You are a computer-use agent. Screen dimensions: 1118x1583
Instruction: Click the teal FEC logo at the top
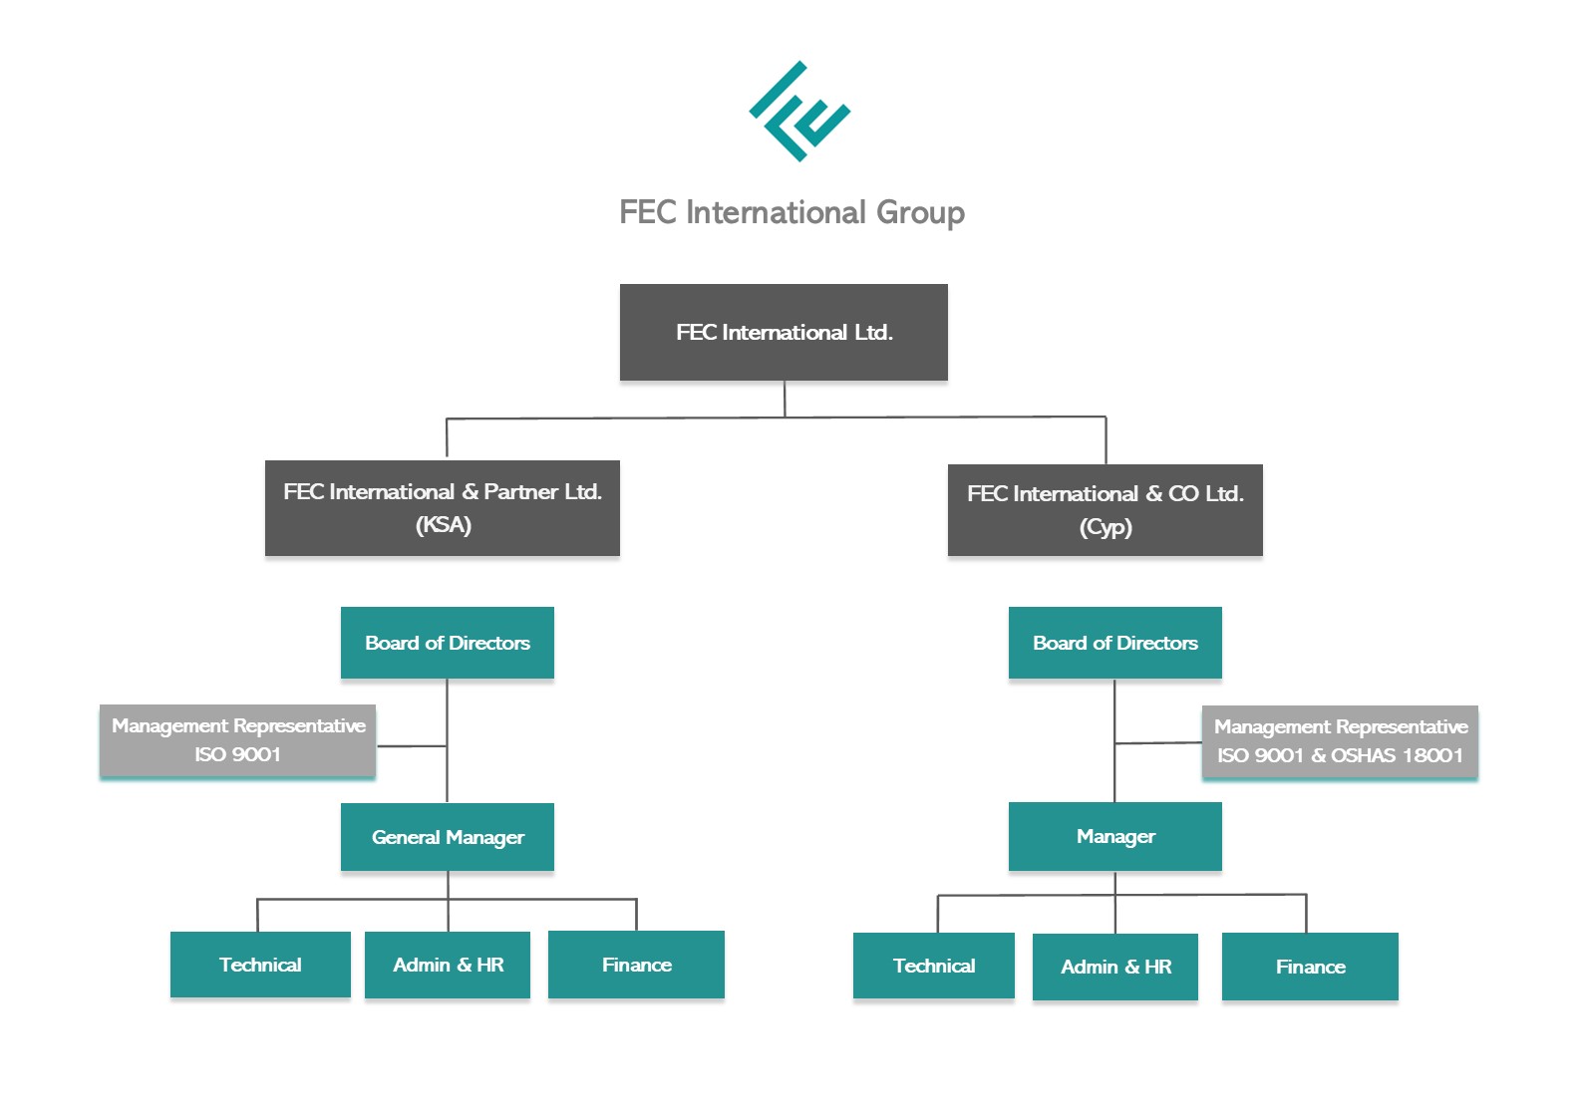(x=799, y=112)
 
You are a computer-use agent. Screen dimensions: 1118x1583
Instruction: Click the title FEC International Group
(x=791, y=212)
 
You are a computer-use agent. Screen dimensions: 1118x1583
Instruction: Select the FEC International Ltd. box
(x=784, y=332)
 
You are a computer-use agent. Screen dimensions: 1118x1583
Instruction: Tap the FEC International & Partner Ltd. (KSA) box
(x=442, y=507)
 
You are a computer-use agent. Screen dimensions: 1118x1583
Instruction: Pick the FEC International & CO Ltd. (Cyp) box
(x=1105, y=509)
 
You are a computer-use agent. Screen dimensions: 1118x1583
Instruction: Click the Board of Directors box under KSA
(x=447, y=643)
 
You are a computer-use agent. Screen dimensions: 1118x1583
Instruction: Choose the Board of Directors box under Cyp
(x=1114, y=643)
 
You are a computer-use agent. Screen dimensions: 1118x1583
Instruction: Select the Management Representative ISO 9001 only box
(x=237, y=740)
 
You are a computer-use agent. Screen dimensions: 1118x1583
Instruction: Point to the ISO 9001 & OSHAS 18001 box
(x=1339, y=741)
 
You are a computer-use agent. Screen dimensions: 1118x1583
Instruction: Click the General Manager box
(x=447, y=837)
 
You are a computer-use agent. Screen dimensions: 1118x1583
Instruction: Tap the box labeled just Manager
(x=1114, y=837)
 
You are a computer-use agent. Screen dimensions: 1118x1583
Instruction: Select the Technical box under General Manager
(x=260, y=965)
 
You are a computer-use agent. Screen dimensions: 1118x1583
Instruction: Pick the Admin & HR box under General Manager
(x=448, y=965)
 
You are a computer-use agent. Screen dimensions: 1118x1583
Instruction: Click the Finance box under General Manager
(x=636, y=965)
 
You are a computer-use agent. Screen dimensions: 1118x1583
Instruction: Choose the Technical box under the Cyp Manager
(x=933, y=966)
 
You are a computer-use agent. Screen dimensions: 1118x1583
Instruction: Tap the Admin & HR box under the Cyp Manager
(x=1115, y=967)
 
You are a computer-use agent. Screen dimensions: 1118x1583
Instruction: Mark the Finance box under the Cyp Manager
(x=1310, y=967)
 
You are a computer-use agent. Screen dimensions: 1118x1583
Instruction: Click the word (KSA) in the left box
(x=443, y=525)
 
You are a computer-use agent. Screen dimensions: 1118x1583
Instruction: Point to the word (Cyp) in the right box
(x=1106, y=527)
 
